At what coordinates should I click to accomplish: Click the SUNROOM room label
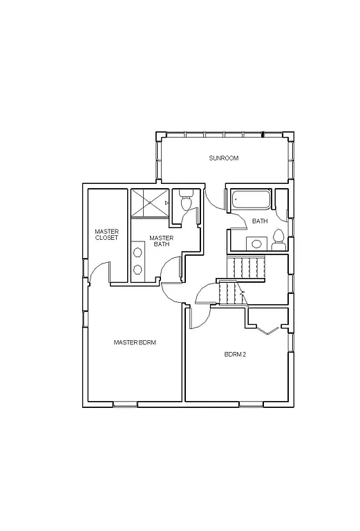click(224, 158)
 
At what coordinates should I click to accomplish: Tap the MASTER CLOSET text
click(107, 234)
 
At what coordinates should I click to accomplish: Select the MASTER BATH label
click(161, 241)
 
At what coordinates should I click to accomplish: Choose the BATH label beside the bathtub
click(260, 221)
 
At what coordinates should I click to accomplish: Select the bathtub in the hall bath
click(250, 200)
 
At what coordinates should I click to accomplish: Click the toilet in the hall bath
click(278, 239)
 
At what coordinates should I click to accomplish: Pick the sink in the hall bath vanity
click(256, 243)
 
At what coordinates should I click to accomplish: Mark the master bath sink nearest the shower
click(138, 252)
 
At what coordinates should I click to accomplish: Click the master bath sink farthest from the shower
click(138, 269)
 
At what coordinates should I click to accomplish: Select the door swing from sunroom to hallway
click(215, 201)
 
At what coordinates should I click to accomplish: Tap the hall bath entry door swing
click(236, 221)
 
